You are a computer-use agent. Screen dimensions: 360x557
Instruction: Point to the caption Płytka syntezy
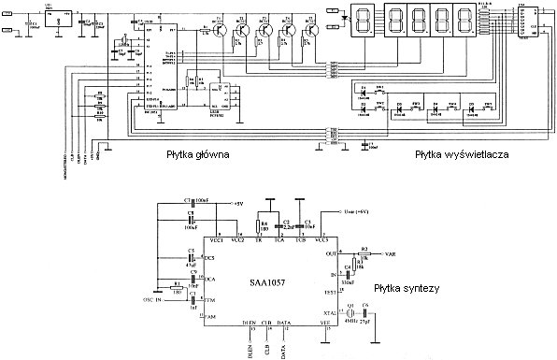(407, 289)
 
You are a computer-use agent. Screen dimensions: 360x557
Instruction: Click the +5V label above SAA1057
(236, 202)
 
